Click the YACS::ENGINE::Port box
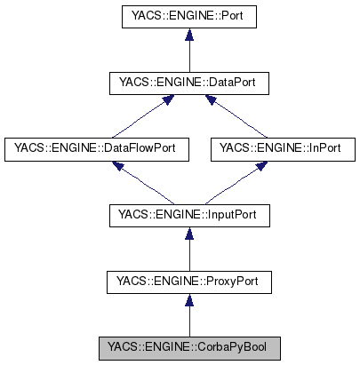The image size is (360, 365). click(x=187, y=16)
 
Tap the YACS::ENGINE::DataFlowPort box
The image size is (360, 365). click(x=96, y=149)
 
